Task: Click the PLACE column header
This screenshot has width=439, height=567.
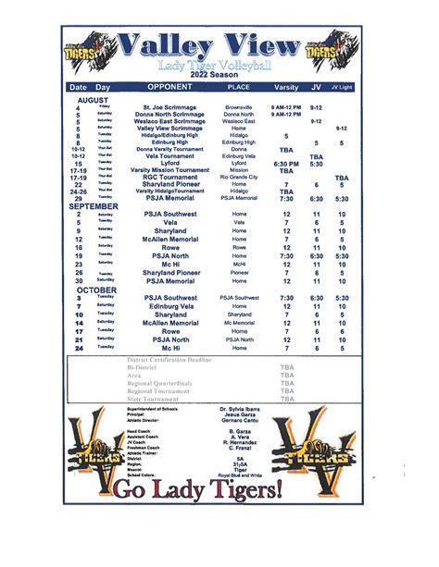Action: point(239,86)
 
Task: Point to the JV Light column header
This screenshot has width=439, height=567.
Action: point(342,86)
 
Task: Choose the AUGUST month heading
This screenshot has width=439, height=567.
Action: point(93,99)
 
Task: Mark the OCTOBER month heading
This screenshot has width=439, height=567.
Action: point(96,290)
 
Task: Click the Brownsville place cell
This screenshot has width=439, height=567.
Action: point(239,107)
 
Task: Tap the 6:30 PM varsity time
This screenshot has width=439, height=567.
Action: point(286,163)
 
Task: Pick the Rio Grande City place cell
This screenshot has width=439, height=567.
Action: point(239,177)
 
